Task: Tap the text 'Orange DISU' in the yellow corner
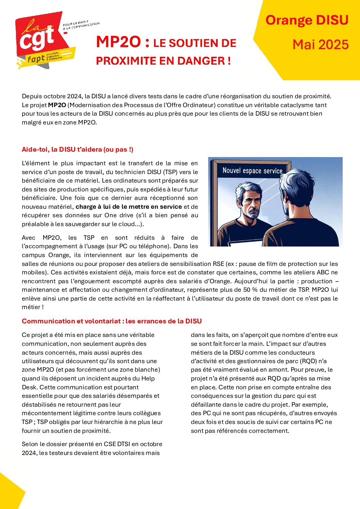(307, 20)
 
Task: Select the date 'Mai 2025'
(321, 45)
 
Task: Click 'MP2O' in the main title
(118, 42)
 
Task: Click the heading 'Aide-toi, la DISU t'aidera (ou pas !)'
(78, 150)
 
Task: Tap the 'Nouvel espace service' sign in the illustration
(252, 171)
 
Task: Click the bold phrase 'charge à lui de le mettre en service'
(129, 207)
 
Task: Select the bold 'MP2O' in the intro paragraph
(57, 105)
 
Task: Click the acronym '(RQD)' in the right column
(307, 361)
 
